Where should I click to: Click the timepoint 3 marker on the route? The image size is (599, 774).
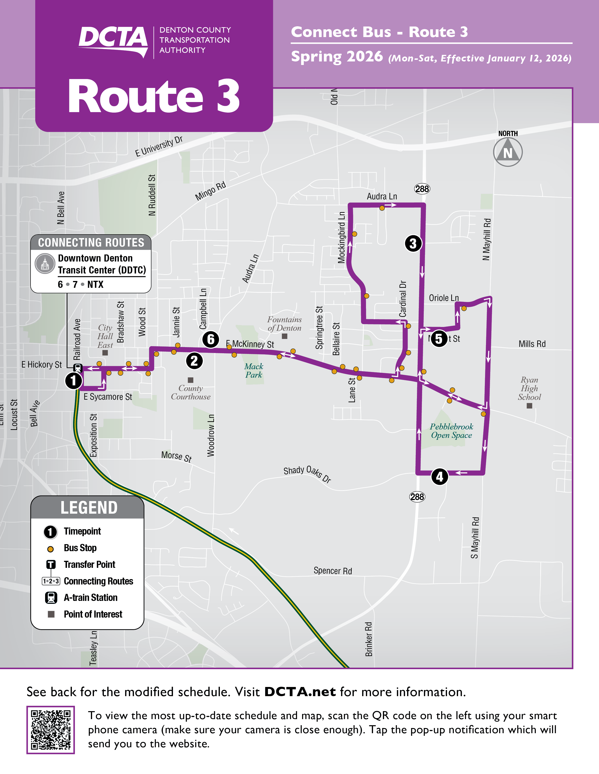point(413,243)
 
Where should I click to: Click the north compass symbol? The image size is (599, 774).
point(508,152)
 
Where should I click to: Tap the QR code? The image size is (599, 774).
point(51,730)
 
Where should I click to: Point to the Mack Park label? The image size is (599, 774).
point(254,371)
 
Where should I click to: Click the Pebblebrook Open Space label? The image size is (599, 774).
point(451,431)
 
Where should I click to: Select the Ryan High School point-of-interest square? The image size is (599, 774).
point(529,406)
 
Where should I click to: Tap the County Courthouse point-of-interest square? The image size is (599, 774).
point(191,380)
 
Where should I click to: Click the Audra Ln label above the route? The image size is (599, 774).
point(382,196)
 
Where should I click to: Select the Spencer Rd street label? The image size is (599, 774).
point(332,571)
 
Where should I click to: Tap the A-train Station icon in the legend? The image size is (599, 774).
point(51,598)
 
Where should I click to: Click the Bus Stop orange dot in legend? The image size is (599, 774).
point(51,549)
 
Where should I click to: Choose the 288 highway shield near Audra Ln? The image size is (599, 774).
point(422,189)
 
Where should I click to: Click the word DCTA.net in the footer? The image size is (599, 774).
point(300,691)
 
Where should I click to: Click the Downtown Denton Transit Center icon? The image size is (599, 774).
point(45,264)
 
